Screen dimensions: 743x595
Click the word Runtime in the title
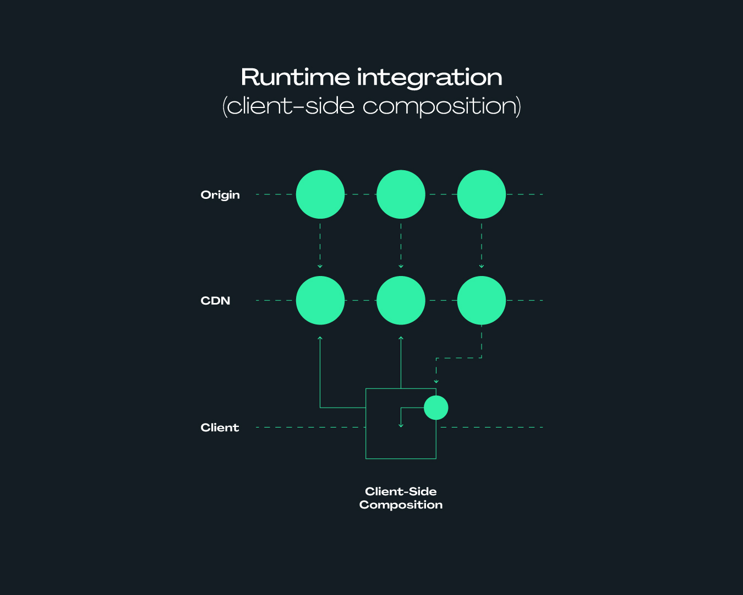(x=295, y=77)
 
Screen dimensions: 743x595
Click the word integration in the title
(x=429, y=79)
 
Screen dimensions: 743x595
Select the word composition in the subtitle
(x=441, y=107)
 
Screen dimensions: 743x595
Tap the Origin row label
(x=220, y=195)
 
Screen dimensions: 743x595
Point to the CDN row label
(x=215, y=301)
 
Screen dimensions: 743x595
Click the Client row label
(x=220, y=428)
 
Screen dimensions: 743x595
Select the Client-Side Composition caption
(x=401, y=498)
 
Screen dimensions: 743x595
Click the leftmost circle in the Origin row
(x=320, y=194)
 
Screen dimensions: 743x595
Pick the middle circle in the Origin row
(x=401, y=194)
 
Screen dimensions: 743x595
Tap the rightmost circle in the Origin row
(x=481, y=194)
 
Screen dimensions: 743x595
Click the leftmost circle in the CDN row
(x=320, y=300)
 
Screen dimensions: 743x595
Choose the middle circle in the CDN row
(x=401, y=300)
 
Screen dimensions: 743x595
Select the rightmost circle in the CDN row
(x=481, y=300)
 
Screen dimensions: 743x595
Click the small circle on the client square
(x=436, y=408)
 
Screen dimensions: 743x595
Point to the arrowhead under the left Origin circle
(x=320, y=266)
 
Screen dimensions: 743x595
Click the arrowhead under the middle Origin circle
(x=401, y=266)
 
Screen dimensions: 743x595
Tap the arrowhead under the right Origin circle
(x=481, y=266)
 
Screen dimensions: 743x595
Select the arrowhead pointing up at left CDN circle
(x=320, y=338)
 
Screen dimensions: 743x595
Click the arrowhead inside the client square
(x=401, y=425)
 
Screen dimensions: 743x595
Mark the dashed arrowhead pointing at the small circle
(x=436, y=381)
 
